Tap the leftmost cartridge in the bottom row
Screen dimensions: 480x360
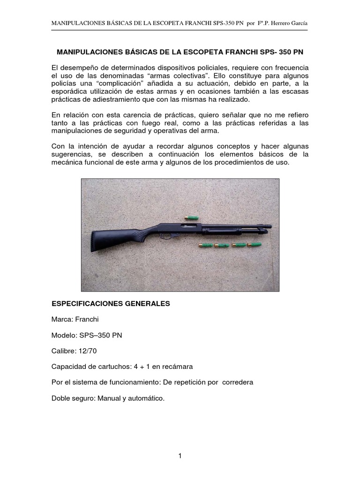tap(204, 245)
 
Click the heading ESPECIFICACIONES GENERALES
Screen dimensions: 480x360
tap(111, 304)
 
